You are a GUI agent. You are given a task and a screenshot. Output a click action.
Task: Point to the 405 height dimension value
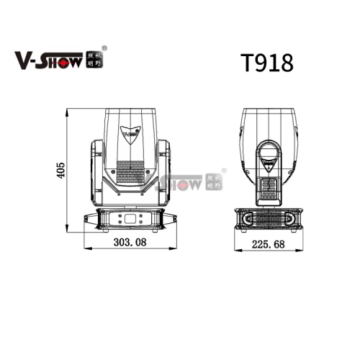[x=61, y=171]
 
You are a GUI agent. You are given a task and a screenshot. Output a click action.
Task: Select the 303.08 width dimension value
[x=130, y=243]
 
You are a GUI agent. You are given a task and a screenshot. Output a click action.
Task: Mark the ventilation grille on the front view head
[x=130, y=174]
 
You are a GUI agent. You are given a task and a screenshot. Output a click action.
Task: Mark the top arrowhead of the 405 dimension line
[x=68, y=112]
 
